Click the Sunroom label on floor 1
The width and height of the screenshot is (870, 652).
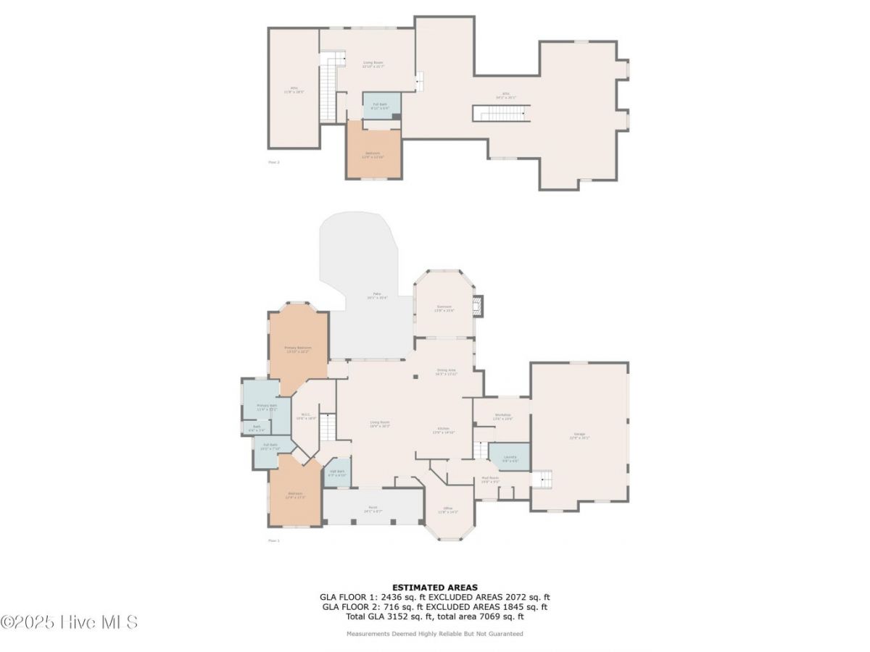click(x=444, y=309)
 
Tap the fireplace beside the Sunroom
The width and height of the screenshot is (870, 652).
click(x=477, y=307)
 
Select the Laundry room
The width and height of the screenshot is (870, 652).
click(x=509, y=457)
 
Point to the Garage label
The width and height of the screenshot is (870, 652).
click(x=580, y=435)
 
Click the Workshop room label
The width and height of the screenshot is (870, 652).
click(x=502, y=417)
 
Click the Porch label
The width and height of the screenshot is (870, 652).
click(x=373, y=510)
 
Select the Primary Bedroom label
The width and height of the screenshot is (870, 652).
click(x=298, y=349)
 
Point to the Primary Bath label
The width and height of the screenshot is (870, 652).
click(x=267, y=407)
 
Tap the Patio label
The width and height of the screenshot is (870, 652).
click(x=377, y=296)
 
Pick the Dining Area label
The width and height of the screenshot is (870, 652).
click(x=447, y=372)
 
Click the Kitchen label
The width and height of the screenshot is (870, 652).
click(x=442, y=430)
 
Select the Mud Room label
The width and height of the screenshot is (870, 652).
click(x=490, y=479)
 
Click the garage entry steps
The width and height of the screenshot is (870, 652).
click(x=542, y=479)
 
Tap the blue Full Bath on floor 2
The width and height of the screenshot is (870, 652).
click(x=381, y=106)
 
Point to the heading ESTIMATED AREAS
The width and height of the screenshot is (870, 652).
click(x=435, y=587)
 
